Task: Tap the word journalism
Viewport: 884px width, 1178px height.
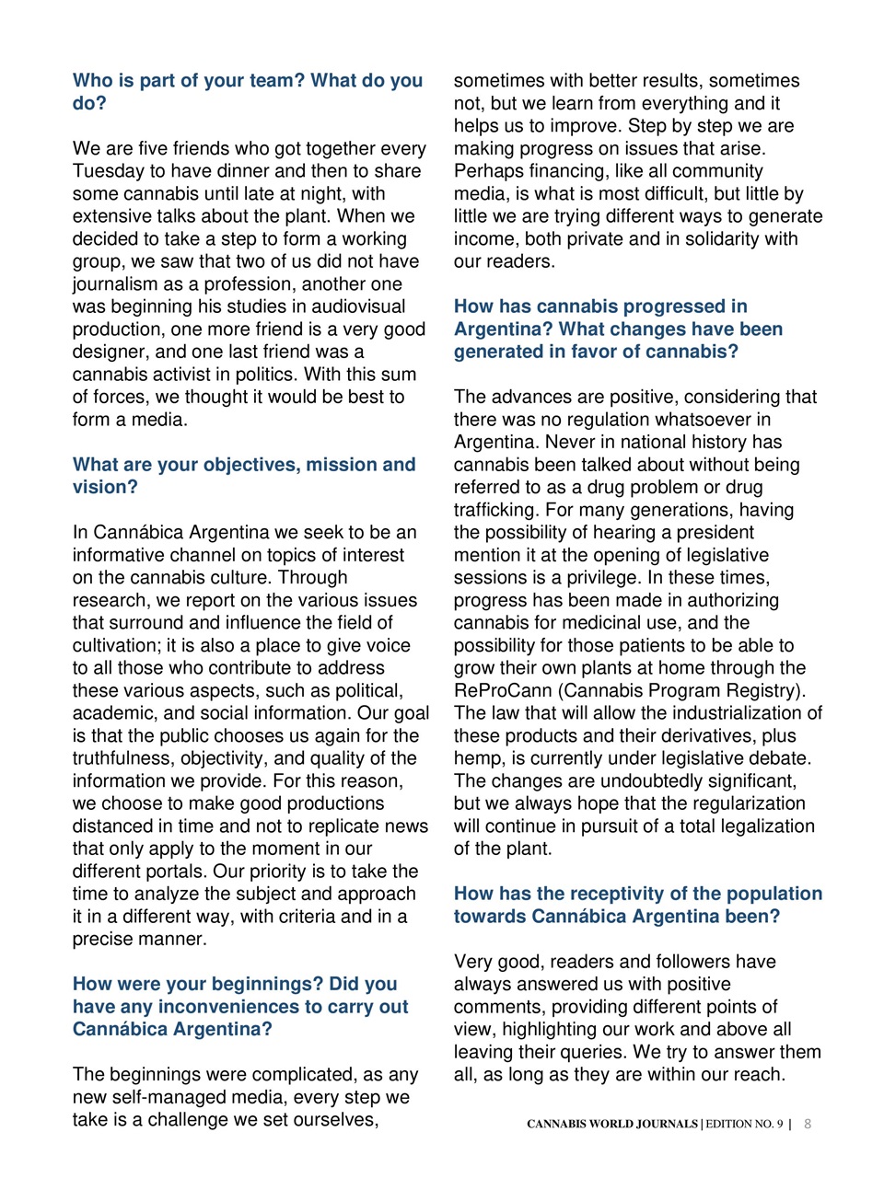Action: click(x=115, y=284)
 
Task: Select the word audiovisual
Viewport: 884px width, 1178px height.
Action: click(x=356, y=306)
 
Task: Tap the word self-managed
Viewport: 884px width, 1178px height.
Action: click(x=169, y=1097)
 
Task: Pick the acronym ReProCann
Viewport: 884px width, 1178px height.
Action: click(x=502, y=691)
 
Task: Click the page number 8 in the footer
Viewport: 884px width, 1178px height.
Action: click(x=808, y=1124)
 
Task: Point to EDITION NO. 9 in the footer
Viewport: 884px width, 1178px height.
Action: click(x=744, y=1124)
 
